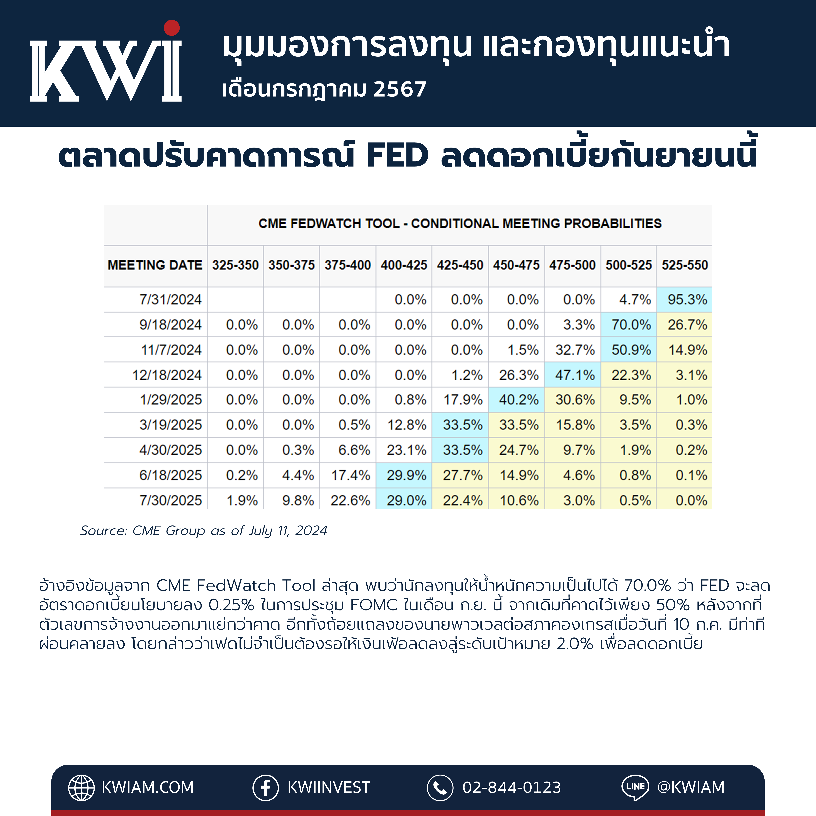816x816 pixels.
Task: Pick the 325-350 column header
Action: tap(235, 265)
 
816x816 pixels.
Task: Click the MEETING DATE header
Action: tap(155, 265)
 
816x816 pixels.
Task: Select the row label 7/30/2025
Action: tap(171, 500)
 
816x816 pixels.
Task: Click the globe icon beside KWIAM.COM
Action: tap(82, 788)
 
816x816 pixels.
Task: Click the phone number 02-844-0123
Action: tap(512, 788)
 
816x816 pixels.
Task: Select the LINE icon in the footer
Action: tap(635, 788)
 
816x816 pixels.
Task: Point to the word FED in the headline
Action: tap(397, 155)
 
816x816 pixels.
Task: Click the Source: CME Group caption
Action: tap(204, 530)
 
